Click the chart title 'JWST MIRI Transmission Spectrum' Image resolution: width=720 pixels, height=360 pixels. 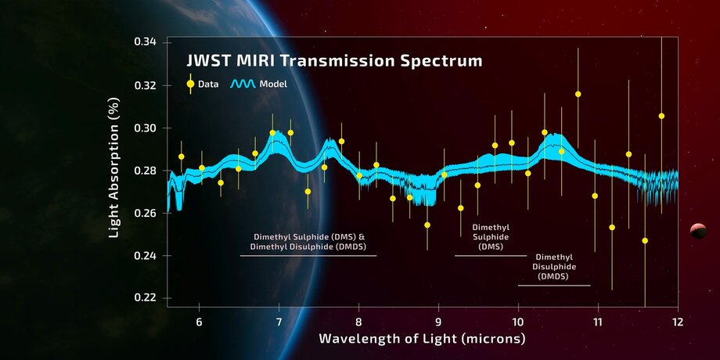[x=333, y=60]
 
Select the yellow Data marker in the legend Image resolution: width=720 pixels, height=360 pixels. [x=189, y=84]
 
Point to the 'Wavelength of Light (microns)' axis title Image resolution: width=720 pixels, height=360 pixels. [x=422, y=339]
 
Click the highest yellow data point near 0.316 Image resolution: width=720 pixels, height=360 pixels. [x=578, y=94]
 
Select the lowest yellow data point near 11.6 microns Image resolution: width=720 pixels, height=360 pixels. [x=645, y=240]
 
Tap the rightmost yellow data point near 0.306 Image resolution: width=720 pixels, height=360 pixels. [x=661, y=116]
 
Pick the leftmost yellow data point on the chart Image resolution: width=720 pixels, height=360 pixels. [x=181, y=157]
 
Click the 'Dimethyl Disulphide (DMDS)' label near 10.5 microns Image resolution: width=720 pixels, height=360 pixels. [x=553, y=266]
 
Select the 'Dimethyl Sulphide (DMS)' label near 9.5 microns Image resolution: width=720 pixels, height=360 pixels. [x=491, y=236]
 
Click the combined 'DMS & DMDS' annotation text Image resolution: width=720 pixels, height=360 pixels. [x=309, y=241]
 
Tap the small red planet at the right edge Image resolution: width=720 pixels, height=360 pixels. [x=697, y=229]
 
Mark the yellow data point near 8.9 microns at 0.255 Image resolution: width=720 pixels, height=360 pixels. [x=427, y=225]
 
